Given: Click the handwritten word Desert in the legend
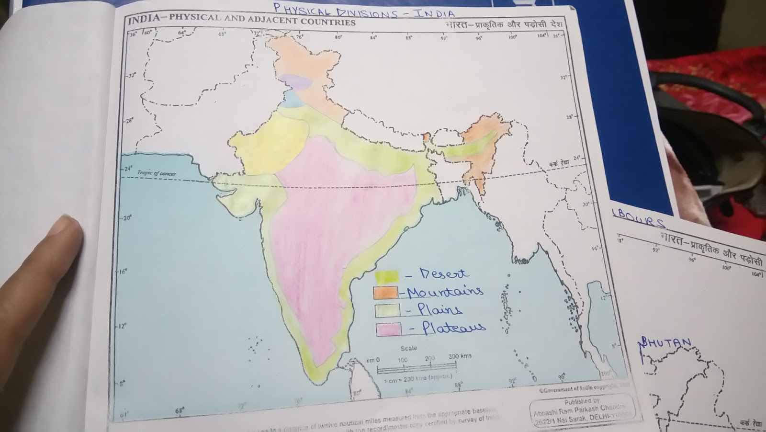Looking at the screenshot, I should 444,274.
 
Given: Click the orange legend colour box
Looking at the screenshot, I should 385,292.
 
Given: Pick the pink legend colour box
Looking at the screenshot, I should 388,330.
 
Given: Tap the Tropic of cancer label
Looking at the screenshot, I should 157,173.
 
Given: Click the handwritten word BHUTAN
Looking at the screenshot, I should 666,343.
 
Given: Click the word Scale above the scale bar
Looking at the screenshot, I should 408,348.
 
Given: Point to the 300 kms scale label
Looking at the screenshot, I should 460,356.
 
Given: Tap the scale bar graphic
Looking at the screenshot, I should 417,369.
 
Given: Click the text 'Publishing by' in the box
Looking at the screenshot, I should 582,402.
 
